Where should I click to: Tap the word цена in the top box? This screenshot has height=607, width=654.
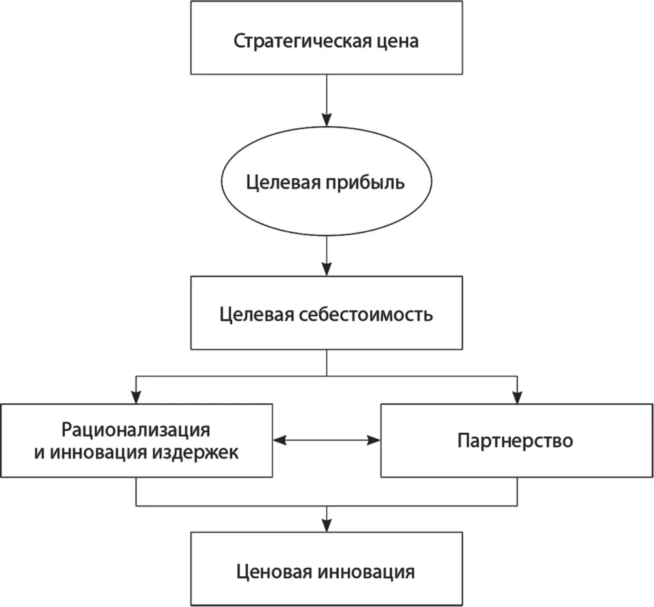[399, 41]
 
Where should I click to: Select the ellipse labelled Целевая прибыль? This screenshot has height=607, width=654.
[326, 181]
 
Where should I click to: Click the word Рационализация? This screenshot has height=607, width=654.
[136, 430]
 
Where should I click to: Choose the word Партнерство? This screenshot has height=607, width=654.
[515, 440]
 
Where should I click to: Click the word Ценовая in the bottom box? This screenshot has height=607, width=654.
[275, 570]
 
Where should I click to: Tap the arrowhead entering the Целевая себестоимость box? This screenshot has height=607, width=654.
[326, 268]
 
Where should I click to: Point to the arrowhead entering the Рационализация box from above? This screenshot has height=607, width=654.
[136, 396]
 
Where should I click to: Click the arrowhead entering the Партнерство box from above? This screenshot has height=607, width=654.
[517, 396]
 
